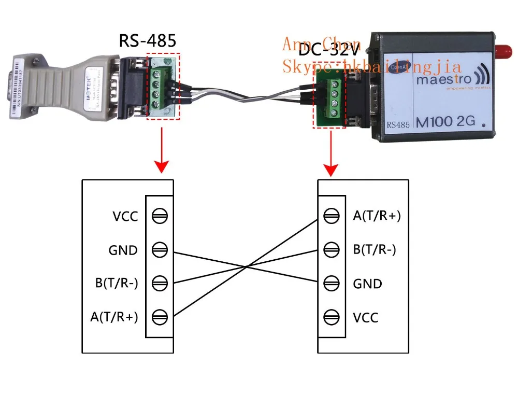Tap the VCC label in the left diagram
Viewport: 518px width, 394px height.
[x=125, y=216]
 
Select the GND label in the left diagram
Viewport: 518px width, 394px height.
[x=123, y=250]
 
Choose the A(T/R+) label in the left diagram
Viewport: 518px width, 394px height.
[x=113, y=316]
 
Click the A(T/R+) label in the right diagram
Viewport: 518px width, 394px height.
[x=377, y=216]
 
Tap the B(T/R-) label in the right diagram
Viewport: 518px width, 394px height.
[x=375, y=250]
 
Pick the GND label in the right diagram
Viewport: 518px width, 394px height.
[x=367, y=284]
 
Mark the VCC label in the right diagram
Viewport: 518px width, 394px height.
[x=366, y=316]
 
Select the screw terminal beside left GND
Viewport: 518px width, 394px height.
[x=160, y=250]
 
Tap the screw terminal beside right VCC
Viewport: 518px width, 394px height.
[x=332, y=316]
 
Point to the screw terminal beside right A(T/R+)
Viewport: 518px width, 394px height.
[x=332, y=216]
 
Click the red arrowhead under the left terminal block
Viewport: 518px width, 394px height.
[x=163, y=166]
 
